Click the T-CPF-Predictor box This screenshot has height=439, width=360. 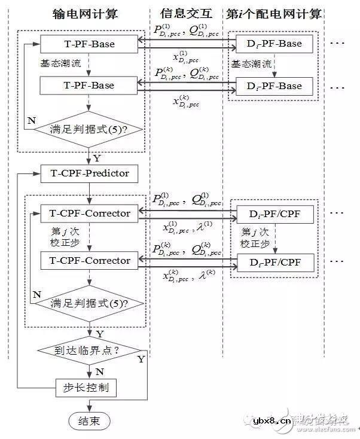coord(89,174)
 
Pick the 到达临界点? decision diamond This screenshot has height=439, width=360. coord(89,350)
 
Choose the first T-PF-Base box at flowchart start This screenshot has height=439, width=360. coord(89,43)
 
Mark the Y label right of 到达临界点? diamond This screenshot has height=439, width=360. coord(141,359)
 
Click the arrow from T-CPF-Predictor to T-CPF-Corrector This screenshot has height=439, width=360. coord(89,192)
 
